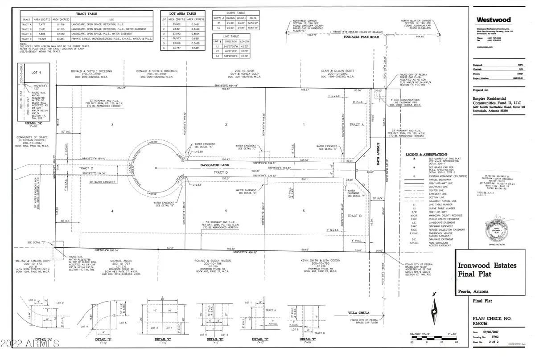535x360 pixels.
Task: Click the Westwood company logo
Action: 491,20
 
